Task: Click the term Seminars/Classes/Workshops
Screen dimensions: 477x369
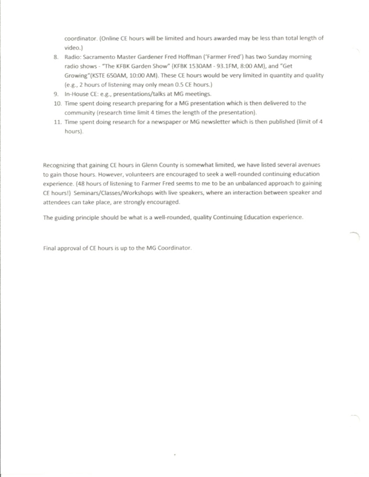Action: tap(109, 193)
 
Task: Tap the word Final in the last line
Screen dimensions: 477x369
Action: tap(49, 248)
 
